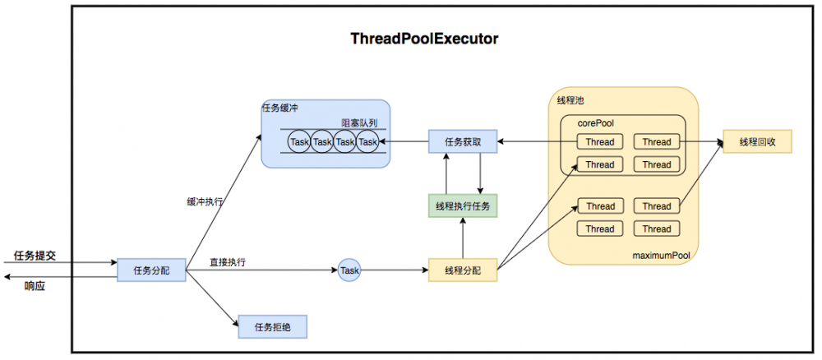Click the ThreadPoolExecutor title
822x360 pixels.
point(424,39)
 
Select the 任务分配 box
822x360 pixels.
point(150,270)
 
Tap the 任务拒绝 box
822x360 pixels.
point(272,327)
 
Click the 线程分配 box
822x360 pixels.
point(463,270)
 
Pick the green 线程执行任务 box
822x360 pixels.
point(463,205)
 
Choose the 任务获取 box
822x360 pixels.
point(463,141)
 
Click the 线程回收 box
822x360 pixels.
point(757,141)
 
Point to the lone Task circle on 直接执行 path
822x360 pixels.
point(349,270)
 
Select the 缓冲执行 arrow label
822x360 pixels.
point(205,200)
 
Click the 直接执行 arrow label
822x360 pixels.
point(229,262)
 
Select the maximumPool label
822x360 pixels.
point(660,256)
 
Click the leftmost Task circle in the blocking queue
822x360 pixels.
point(299,142)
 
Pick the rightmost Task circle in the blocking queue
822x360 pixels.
point(367,142)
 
